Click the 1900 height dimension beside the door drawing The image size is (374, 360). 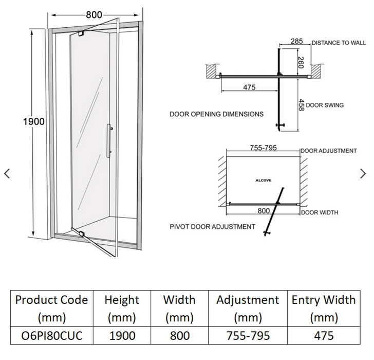click(x=33, y=122)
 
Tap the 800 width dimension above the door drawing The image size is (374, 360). click(x=93, y=14)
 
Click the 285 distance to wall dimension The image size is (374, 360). click(x=296, y=41)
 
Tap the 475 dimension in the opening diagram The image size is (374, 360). click(x=249, y=87)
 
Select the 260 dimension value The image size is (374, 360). click(x=301, y=62)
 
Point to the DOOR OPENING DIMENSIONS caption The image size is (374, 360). click(x=216, y=114)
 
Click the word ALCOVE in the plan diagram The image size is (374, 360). click(x=264, y=181)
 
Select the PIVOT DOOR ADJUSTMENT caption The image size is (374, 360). click(x=212, y=226)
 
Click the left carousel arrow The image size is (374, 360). click(x=7, y=174)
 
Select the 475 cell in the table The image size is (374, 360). click(x=324, y=336)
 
